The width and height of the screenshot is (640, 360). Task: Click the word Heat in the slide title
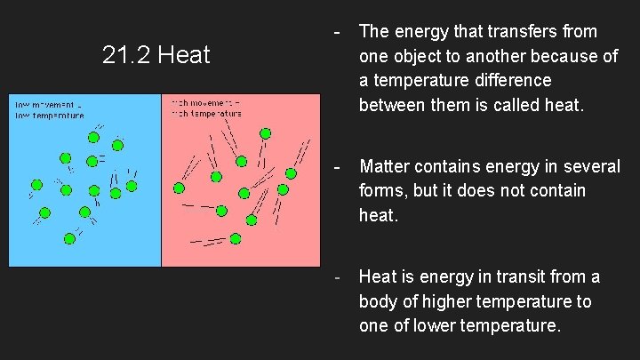[x=184, y=56]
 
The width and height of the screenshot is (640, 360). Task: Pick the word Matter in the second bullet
[x=385, y=165]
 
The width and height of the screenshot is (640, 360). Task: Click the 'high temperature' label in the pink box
[x=206, y=115]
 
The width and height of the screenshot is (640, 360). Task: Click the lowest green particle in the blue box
[x=70, y=238]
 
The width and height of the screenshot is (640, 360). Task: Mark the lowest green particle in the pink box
[x=236, y=238]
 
